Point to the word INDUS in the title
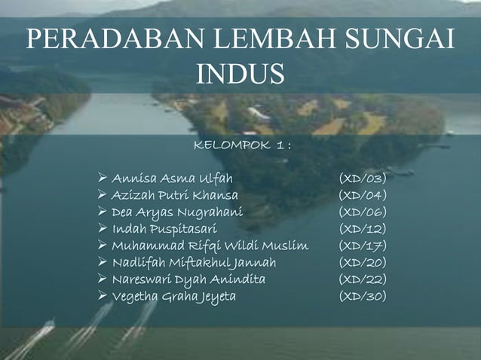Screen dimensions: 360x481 pos(240,75)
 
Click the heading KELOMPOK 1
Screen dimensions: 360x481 pos(242,144)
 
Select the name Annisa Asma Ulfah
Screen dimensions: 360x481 pos(172,179)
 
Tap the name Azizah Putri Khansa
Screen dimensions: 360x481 pos(175,196)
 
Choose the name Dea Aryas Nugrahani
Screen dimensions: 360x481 pos(177,212)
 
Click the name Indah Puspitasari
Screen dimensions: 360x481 pos(164,229)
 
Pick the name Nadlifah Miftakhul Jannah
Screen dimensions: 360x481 pos(194,263)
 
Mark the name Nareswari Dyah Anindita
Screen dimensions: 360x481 pos(188,279)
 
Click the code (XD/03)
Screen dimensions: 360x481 pos(363,179)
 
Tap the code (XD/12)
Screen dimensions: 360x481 pos(363,229)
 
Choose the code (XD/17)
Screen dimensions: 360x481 pos(363,246)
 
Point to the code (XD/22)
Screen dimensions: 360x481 pos(363,279)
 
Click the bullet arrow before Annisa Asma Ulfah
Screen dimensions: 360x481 pos(103,178)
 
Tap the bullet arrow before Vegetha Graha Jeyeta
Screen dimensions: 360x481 pos(103,296)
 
